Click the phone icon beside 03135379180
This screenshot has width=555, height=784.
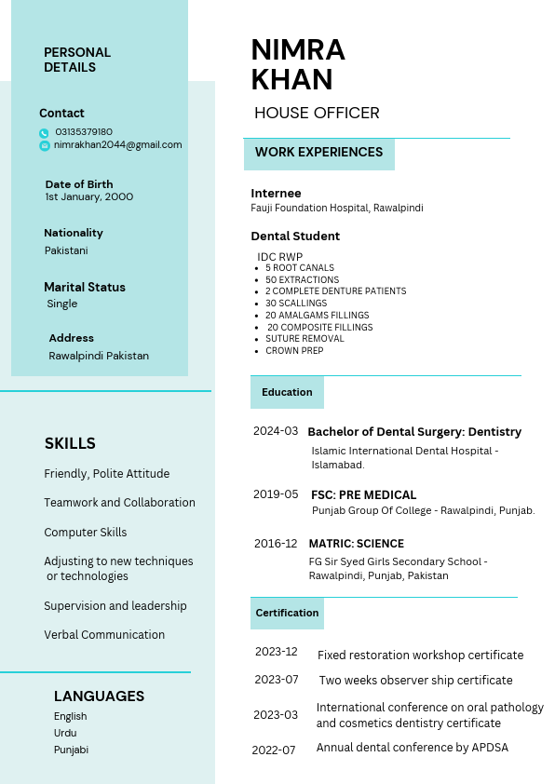click(44, 133)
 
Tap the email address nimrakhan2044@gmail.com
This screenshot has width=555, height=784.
click(117, 145)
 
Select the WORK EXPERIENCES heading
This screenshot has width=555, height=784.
click(318, 153)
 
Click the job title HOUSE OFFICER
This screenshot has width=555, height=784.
click(317, 114)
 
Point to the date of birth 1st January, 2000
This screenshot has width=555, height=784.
click(89, 197)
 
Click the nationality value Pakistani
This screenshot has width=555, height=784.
click(67, 250)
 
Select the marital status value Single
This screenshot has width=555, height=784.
click(62, 304)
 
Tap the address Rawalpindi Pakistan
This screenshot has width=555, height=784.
click(99, 356)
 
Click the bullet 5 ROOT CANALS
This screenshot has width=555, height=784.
click(299, 268)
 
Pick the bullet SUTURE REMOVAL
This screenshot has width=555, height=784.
click(305, 339)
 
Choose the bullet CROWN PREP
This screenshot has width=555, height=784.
click(294, 351)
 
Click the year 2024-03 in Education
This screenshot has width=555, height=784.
click(276, 431)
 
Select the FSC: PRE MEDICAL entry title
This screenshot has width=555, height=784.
click(363, 495)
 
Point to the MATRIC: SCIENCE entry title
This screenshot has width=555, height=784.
click(356, 544)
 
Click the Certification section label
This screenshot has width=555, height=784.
click(287, 614)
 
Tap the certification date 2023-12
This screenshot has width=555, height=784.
click(276, 652)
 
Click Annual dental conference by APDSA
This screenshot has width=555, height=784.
click(412, 748)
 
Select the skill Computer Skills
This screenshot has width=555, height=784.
click(86, 533)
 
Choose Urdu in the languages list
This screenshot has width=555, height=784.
click(65, 733)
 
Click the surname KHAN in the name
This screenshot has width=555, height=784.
click(291, 80)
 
